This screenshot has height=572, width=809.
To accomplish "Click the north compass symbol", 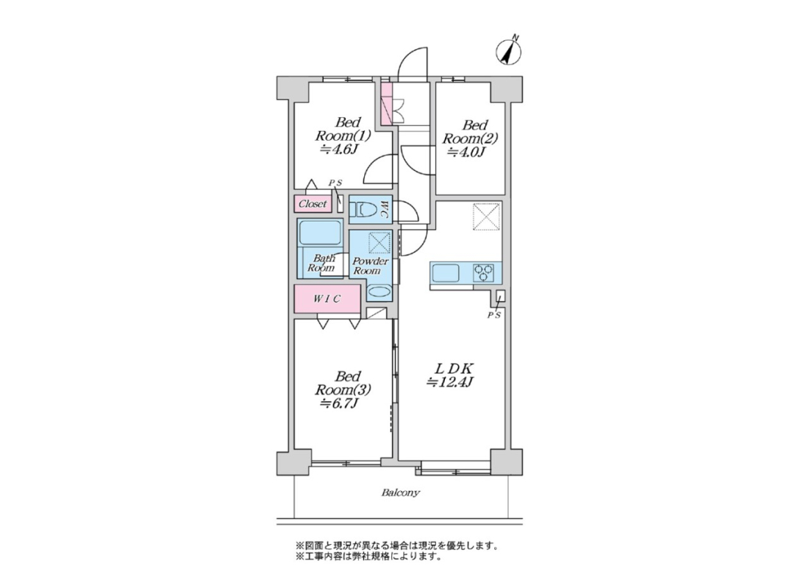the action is click(509, 52).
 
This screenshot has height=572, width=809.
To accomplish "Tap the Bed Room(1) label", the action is click(342, 135).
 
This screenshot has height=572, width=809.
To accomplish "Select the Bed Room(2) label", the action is click(470, 138).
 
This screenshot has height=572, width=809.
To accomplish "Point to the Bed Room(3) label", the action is click(343, 389).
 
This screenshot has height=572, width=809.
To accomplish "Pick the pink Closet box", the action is click(313, 204).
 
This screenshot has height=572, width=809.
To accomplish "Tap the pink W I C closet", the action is click(327, 298).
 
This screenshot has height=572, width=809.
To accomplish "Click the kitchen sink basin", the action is click(446, 272).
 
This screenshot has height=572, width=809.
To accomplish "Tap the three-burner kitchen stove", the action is click(484, 272).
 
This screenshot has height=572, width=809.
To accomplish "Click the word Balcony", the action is click(400, 492).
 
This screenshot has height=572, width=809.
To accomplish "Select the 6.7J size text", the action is click(339, 403).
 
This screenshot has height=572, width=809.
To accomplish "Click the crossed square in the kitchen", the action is click(487, 216).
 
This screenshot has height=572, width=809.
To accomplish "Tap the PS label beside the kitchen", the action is click(494, 316).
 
